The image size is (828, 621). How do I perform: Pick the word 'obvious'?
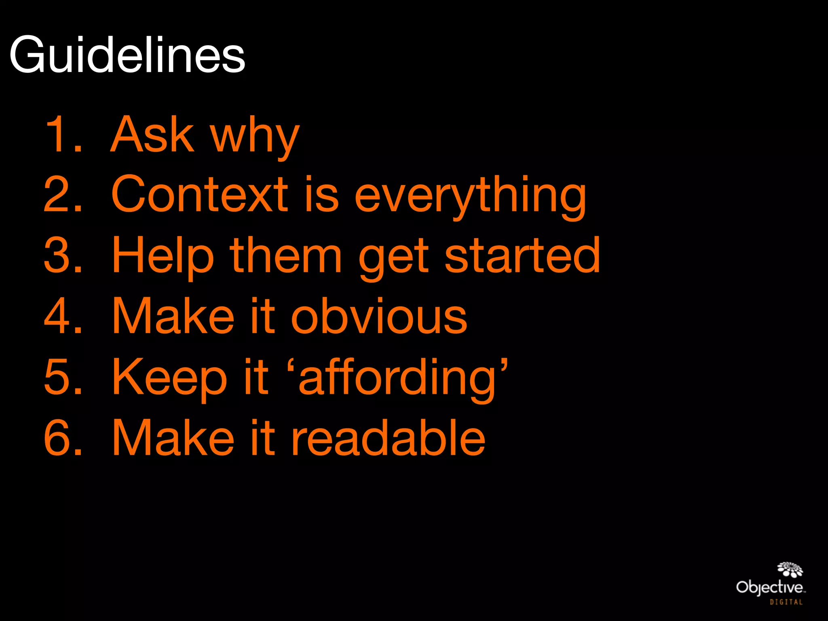pyautogui.click(x=379, y=316)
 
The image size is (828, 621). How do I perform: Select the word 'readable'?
pyautogui.click(x=388, y=437)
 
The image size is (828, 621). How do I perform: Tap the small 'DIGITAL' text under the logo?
pyautogui.click(x=786, y=602)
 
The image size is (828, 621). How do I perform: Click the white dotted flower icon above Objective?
pyautogui.click(x=790, y=569)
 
